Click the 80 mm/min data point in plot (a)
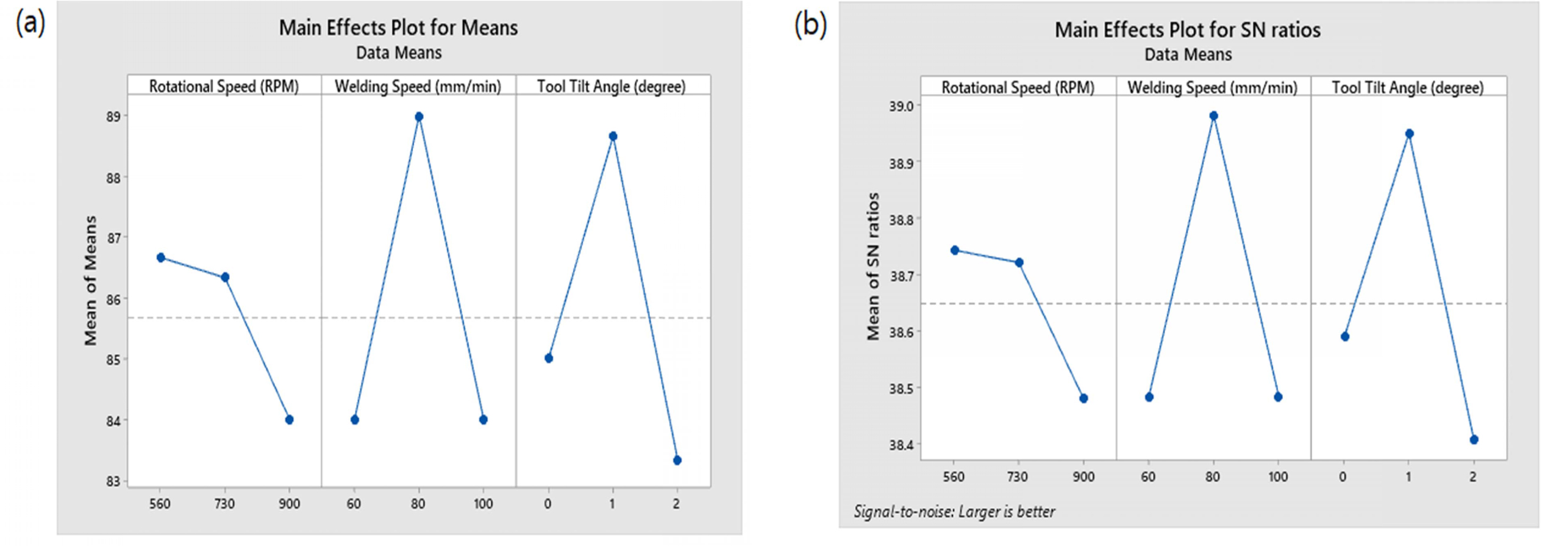pyautogui.click(x=418, y=117)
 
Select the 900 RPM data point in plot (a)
pyautogui.click(x=289, y=420)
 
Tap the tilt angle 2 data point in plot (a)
pyautogui.click(x=677, y=461)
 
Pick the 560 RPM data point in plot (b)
pyautogui.click(x=954, y=250)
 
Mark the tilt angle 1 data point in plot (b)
pyautogui.click(x=1408, y=134)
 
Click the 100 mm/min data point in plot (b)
pyautogui.click(x=1277, y=397)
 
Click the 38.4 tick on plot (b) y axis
pyautogui.click(x=900, y=445)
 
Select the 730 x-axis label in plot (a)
pyautogui.click(x=224, y=504)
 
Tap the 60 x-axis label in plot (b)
pyautogui.click(x=1148, y=476)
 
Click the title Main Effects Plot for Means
pyautogui.click(x=398, y=28)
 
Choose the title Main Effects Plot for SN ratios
pyautogui.click(x=1187, y=30)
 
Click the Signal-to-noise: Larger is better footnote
pyautogui.click(x=954, y=511)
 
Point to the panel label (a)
pyautogui.click(x=30, y=24)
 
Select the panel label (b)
pyautogui.click(x=810, y=26)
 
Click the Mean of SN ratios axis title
pyautogui.click(x=873, y=266)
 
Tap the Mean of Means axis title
pyautogui.click(x=91, y=281)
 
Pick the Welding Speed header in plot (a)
pyautogui.click(x=418, y=87)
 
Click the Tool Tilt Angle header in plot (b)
pyautogui.click(x=1407, y=88)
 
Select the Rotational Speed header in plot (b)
pyautogui.click(x=1017, y=88)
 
